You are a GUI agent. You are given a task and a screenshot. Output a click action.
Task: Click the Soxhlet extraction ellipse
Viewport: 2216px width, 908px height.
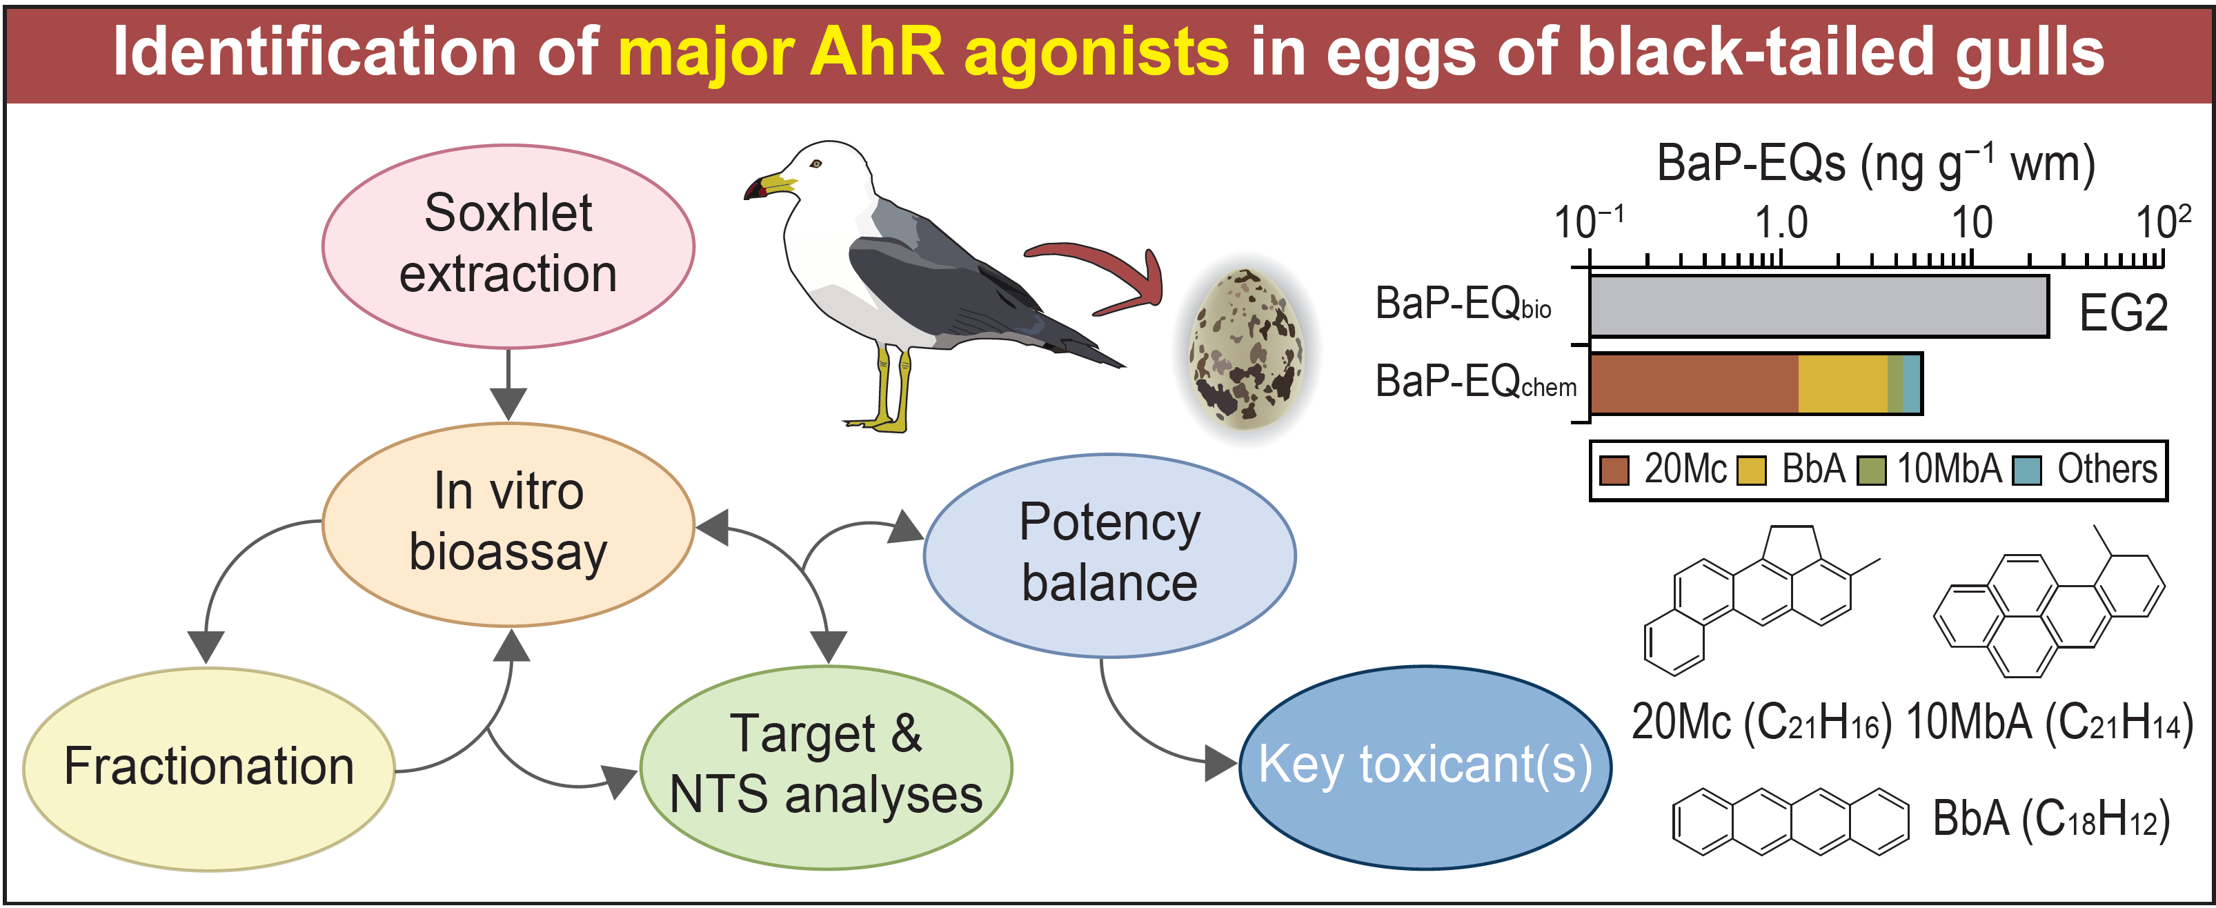point(508,246)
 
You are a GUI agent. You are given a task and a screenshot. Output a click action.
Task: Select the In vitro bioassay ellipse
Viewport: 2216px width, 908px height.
point(508,524)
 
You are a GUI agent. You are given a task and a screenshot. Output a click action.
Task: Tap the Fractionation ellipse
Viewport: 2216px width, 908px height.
point(209,769)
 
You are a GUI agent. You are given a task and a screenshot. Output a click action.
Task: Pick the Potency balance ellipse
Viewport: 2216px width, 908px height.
point(1109,555)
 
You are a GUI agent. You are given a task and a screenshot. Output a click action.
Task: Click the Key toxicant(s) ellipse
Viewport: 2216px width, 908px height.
point(1425,767)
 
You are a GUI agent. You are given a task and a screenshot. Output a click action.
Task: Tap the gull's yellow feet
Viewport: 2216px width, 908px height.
point(878,421)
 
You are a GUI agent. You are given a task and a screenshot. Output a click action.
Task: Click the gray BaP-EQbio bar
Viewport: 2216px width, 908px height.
point(1819,306)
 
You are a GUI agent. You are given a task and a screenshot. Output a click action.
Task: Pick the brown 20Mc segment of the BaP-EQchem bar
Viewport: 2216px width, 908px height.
point(1694,384)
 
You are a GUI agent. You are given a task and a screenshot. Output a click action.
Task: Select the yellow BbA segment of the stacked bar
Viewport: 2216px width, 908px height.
point(1843,384)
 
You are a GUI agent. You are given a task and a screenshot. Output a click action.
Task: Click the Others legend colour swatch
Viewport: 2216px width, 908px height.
point(2028,471)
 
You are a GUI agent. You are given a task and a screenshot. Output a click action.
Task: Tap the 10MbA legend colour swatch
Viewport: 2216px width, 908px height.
point(1871,471)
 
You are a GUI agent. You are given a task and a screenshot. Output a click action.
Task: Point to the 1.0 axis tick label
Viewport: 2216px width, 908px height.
point(1781,223)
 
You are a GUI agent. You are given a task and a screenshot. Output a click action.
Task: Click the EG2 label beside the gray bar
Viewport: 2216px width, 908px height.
point(2123,313)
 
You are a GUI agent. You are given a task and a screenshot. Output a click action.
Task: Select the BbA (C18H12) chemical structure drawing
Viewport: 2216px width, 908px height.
point(1791,821)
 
